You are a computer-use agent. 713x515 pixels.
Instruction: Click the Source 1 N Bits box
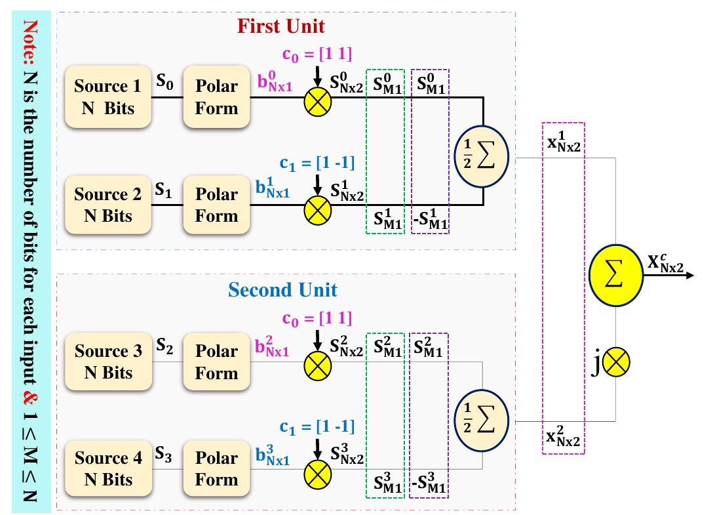108,96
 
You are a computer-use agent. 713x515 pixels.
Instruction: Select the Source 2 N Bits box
108,205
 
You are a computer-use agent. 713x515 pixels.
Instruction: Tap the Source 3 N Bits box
108,361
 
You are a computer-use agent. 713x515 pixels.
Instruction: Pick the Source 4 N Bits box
108,468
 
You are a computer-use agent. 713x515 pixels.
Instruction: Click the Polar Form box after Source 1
216,96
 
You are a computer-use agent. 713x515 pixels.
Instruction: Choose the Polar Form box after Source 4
216,468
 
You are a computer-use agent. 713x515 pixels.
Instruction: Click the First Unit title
280,26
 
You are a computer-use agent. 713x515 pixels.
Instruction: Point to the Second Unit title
282,289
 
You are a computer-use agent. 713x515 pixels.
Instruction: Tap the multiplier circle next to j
616,361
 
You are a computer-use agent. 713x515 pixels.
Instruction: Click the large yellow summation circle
616,276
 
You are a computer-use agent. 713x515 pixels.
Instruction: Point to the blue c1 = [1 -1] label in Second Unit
317,427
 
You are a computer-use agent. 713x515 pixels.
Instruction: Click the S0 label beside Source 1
165,82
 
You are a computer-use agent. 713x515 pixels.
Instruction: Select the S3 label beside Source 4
164,453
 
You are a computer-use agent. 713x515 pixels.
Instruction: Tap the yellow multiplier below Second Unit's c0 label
318,367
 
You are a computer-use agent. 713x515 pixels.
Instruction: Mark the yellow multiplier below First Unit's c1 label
318,209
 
